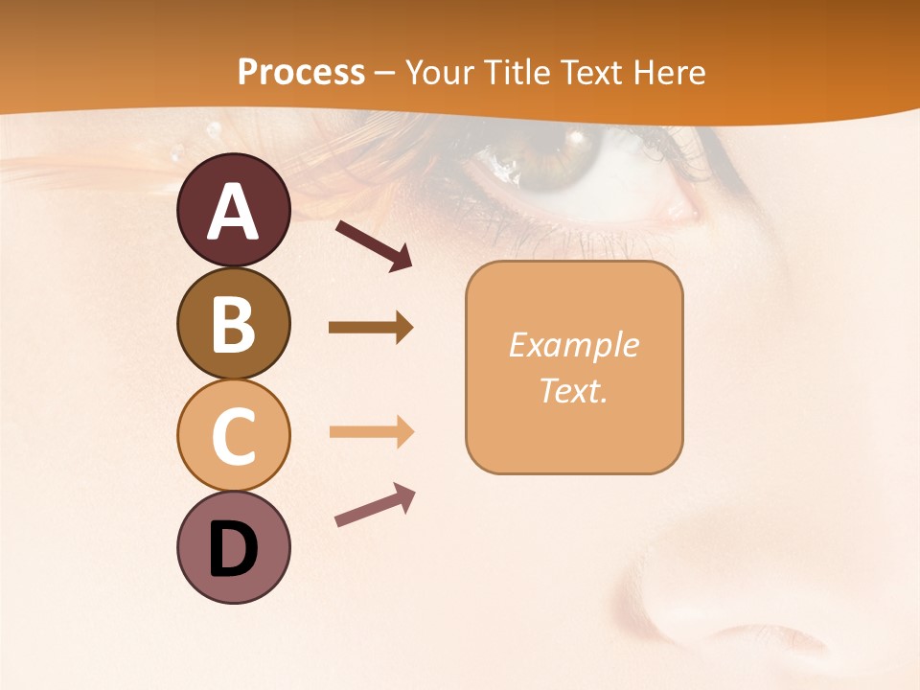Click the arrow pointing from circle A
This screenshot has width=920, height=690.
pyautogui.click(x=374, y=245)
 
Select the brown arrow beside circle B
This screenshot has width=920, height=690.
pyautogui.click(x=371, y=328)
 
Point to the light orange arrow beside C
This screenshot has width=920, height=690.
pyautogui.click(x=371, y=431)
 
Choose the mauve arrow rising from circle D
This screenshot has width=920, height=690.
pyautogui.click(x=375, y=505)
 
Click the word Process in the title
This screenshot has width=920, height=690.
pyautogui.click(x=301, y=72)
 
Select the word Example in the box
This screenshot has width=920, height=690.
pyautogui.click(x=573, y=345)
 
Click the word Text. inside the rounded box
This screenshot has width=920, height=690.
pyautogui.click(x=573, y=390)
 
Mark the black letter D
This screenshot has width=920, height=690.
pyautogui.click(x=233, y=551)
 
